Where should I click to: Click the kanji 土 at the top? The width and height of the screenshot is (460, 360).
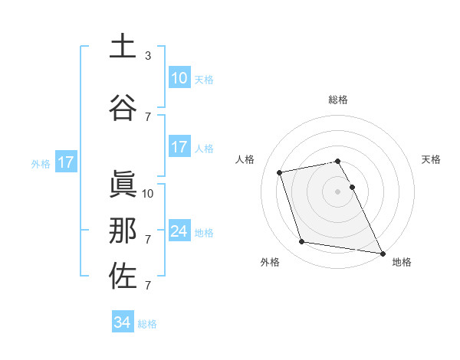tap(123, 46)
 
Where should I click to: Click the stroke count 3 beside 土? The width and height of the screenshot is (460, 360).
tap(148, 55)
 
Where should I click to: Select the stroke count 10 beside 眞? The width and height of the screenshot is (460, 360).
tap(149, 193)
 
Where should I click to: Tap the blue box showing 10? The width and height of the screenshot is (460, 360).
tap(179, 77)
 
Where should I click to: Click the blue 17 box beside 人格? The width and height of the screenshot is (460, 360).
tap(179, 147)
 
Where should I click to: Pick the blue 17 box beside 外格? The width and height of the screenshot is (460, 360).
tap(65, 162)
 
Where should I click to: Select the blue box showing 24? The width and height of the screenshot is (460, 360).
tap(179, 231)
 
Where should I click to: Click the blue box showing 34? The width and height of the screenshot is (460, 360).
tap(122, 322)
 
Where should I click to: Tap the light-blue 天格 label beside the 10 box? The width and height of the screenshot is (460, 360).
tap(203, 79)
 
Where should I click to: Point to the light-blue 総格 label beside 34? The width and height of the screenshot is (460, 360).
tap(147, 324)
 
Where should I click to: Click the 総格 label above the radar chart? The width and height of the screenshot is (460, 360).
tap(338, 100)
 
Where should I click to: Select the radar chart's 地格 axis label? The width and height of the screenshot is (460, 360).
tap(402, 262)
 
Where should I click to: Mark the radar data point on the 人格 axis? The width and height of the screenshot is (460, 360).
tap(280, 172)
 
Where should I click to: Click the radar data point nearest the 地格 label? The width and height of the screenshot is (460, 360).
tap(382, 253)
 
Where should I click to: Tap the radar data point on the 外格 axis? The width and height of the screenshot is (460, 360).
tap(302, 242)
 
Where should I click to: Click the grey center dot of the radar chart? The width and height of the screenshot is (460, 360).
tap(338, 191)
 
